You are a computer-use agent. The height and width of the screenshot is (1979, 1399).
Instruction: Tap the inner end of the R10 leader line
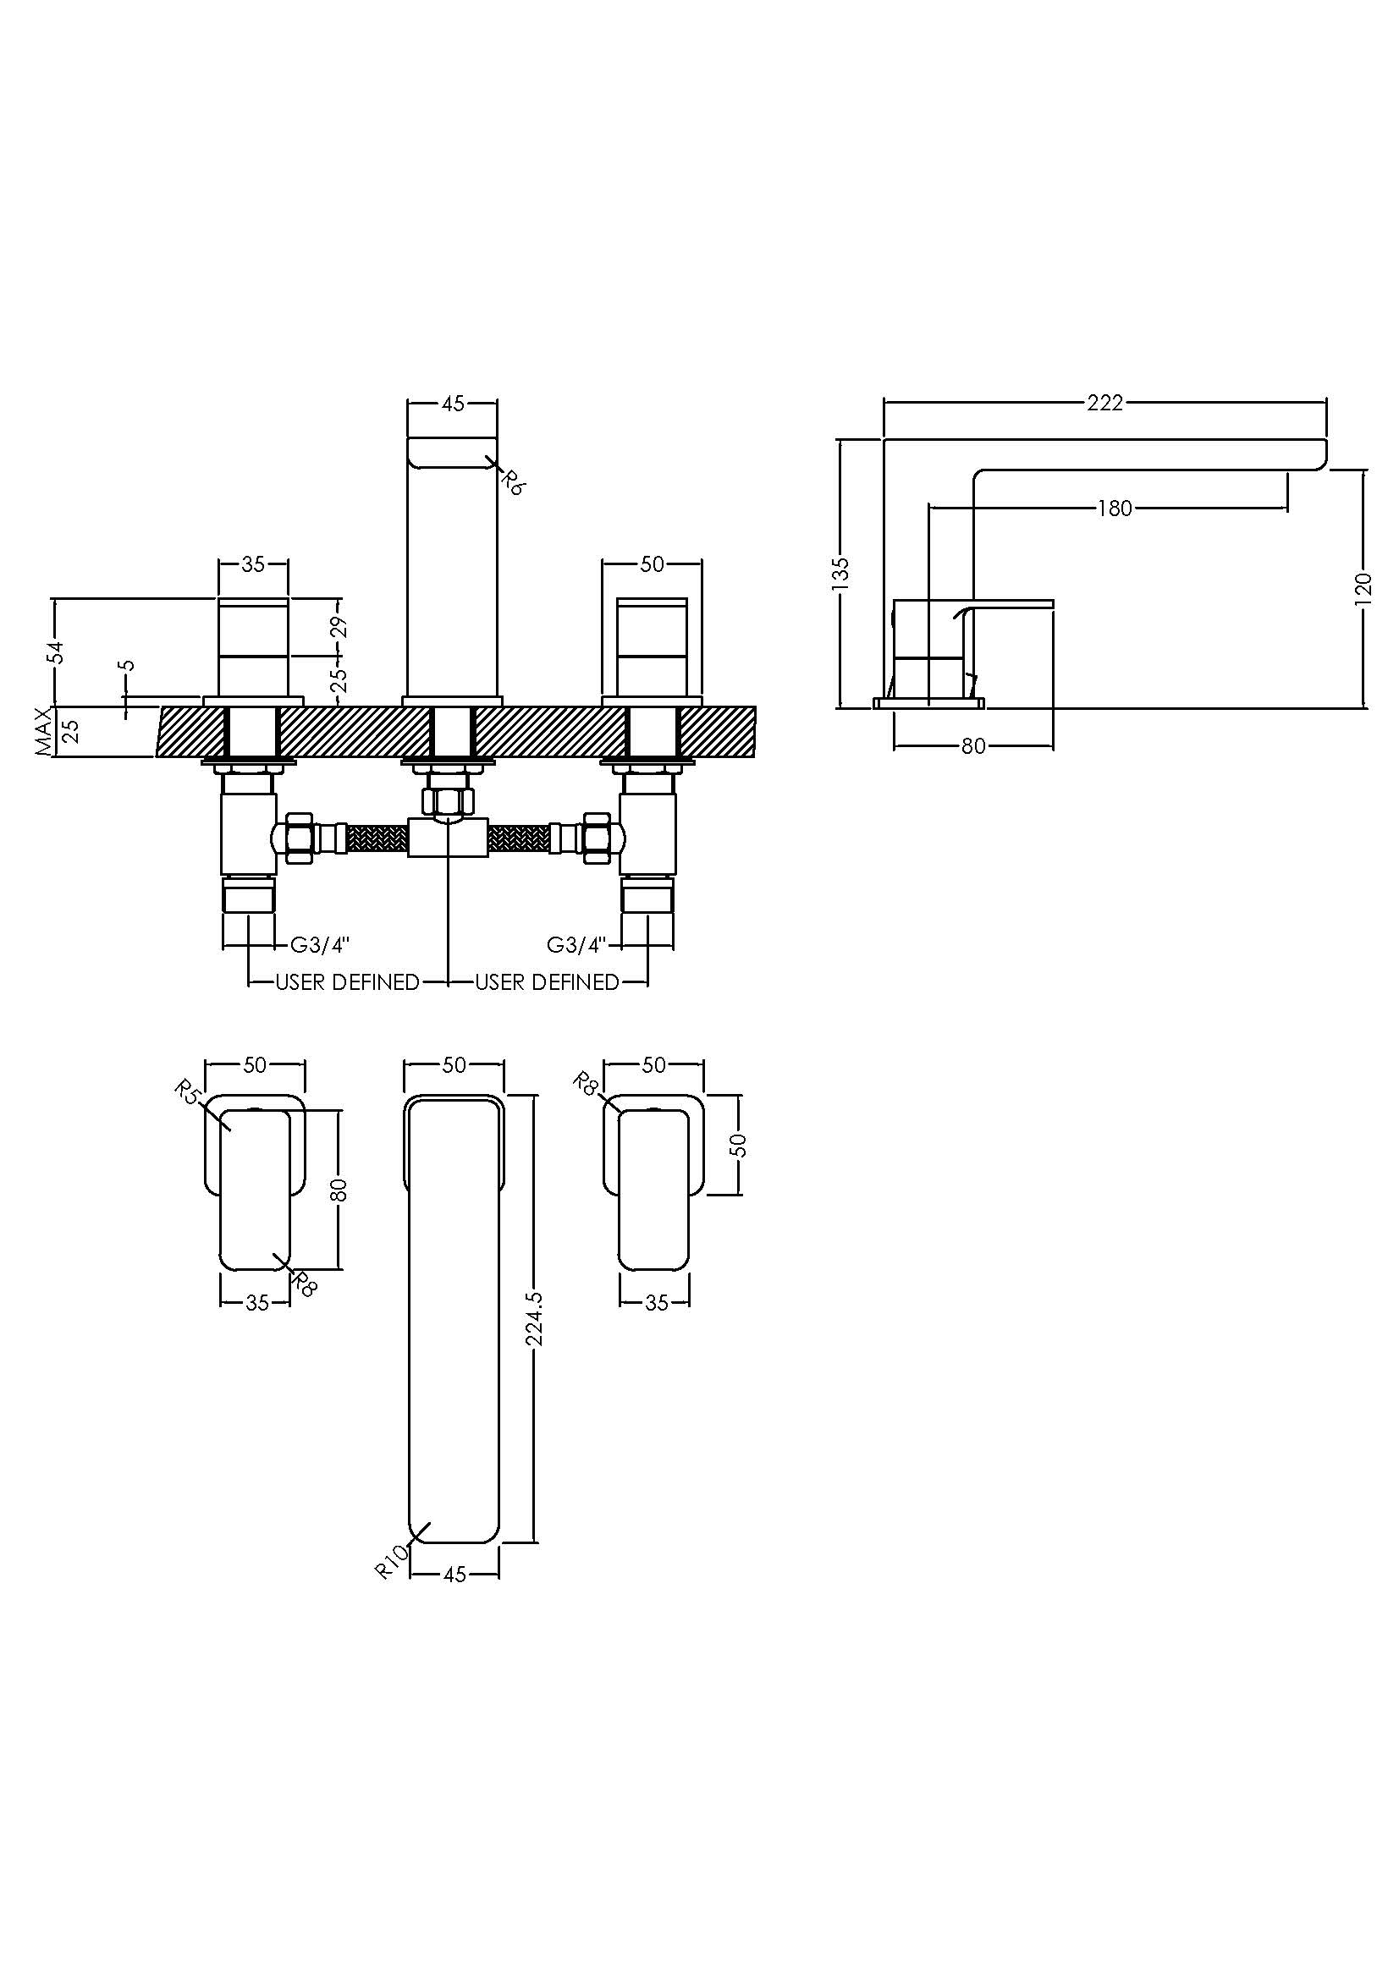pos(429,1525)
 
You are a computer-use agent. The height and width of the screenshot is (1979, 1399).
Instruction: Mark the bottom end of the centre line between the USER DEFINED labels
pos(449,981)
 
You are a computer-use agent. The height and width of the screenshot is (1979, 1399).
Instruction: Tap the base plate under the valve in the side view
pos(928,703)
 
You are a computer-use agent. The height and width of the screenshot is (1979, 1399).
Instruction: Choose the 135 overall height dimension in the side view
pos(842,574)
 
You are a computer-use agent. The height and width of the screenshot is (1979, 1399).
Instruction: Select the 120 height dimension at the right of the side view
pos(1363,589)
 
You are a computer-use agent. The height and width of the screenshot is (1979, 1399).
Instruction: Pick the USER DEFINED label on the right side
pos(548,981)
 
